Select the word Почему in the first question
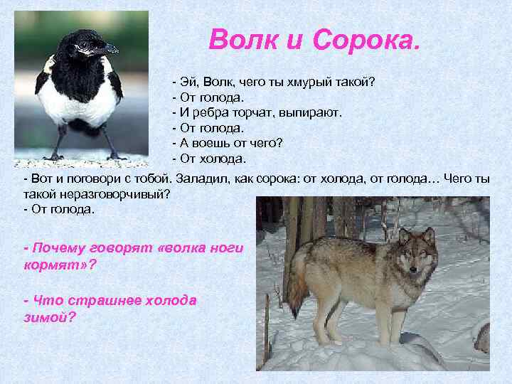[x=56, y=248]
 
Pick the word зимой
[x=46, y=316]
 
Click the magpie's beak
[x=107, y=50]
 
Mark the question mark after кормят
[x=92, y=264]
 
